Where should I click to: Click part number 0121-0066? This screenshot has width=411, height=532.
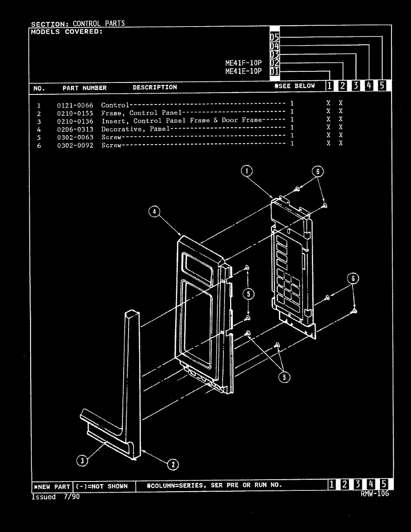coord(75,106)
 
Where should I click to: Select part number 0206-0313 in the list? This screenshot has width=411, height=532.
coord(75,129)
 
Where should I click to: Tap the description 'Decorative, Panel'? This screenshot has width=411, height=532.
coord(136,129)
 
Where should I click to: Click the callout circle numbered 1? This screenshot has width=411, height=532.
coord(247,171)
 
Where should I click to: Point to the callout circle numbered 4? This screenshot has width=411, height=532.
coord(154,212)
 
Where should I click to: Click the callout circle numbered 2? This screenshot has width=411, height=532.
coord(172,464)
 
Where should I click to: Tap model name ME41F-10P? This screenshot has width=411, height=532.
coord(243,63)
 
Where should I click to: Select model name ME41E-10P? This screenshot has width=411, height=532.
coord(243,71)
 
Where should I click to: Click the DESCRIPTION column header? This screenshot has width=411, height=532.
coord(155,87)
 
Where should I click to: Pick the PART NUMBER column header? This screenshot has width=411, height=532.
coord(84,88)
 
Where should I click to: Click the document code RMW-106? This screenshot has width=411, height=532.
coord(375,494)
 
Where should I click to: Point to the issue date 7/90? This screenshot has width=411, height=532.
coord(71,497)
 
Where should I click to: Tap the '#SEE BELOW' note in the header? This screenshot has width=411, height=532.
coord(294,86)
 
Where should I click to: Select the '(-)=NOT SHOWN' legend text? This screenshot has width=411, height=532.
coord(102,486)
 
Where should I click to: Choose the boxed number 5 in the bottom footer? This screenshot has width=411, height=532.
coord(384,485)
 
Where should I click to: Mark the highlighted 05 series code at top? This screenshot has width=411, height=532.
coord(274,38)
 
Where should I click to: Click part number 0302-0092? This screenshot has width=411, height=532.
coord(75,145)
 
